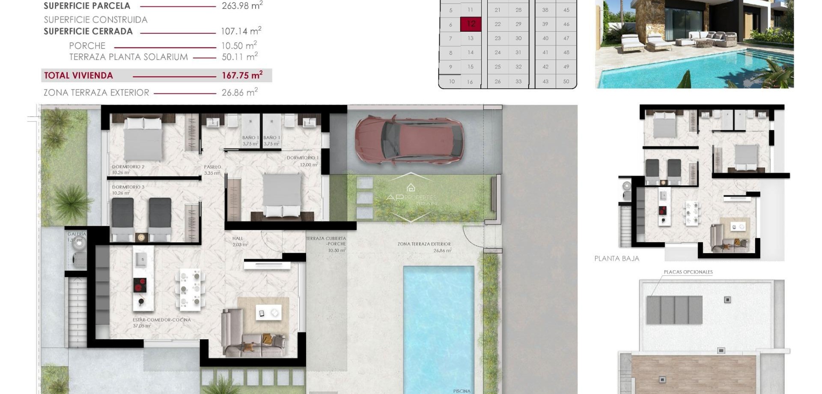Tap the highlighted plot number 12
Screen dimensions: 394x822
tap(471, 24)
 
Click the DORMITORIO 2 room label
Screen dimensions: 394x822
tap(128, 167)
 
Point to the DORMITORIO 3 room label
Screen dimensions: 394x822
tap(128, 187)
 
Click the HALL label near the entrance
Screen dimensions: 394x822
tap(238, 239)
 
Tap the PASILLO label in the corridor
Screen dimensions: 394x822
tap(212, 167)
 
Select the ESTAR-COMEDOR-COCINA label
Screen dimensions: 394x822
tap(161, 320)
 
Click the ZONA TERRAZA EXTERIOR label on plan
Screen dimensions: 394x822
tap(424, 244)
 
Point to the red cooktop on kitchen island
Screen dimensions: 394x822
tap(140, 285)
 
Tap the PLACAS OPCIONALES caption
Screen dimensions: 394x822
tap(688, 272)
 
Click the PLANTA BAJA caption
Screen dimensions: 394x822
tap(616, 259)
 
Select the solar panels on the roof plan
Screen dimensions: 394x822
tap(674, 310)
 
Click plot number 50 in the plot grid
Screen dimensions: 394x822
tap(566, 81)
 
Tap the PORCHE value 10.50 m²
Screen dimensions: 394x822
tap(239, 46)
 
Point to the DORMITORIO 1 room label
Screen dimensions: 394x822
tap(302, 158)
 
